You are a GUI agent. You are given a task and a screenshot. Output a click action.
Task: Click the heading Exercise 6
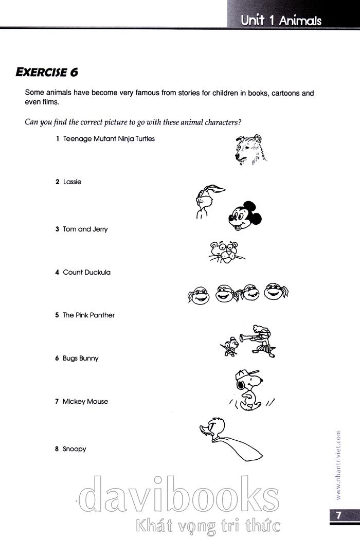(x=47, y=71)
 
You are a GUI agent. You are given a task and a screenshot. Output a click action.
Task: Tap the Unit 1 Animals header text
(x=281, y=21)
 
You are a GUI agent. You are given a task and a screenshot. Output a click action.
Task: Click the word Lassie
(x=72, y=182)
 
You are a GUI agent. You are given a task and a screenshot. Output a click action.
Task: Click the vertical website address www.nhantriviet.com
(x=337, y=465)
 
